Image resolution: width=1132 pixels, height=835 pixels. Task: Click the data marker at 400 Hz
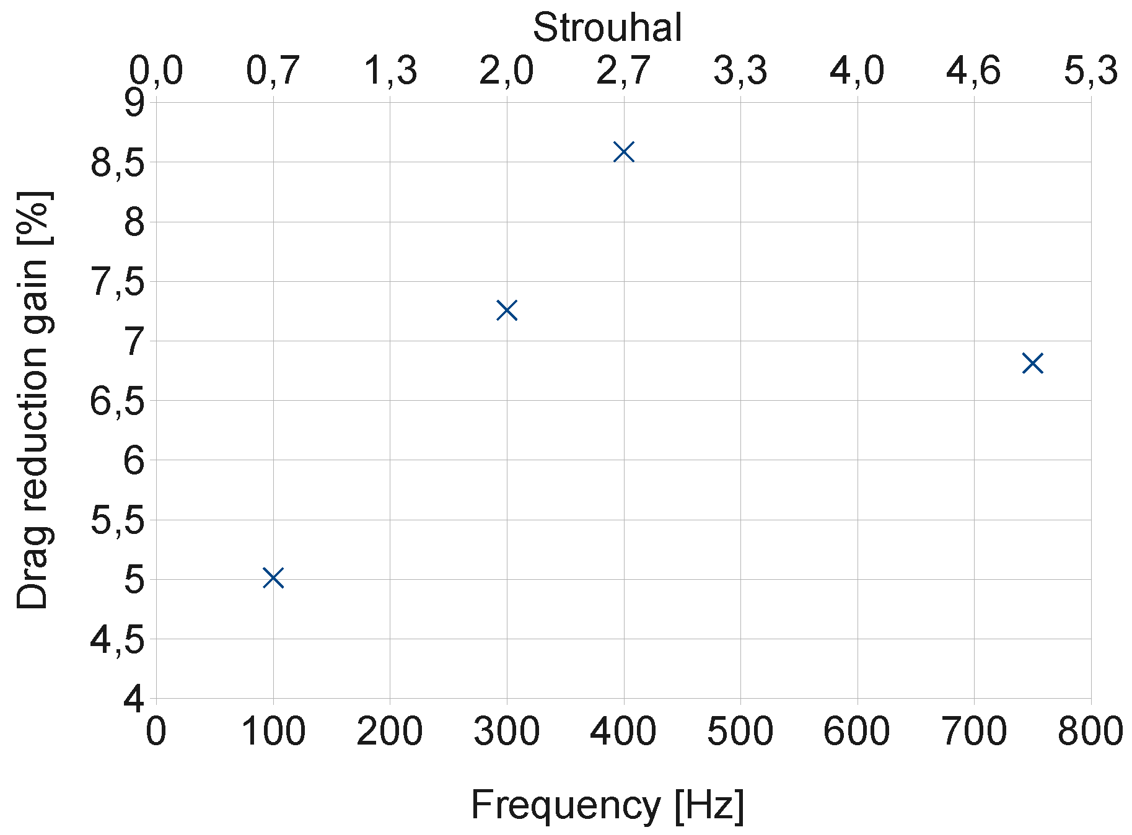(623, 152)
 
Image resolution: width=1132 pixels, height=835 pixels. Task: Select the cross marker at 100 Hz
(273, 578)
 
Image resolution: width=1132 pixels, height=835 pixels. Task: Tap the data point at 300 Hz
(507, 310)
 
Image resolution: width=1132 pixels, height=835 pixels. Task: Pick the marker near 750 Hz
(1032, 363)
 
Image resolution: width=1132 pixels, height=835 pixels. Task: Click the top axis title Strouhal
(607, 28)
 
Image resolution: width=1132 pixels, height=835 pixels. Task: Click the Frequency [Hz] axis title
(607, 805)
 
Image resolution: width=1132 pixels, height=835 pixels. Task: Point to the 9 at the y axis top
(134, 104)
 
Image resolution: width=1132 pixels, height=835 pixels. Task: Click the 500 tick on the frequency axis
(740, 732)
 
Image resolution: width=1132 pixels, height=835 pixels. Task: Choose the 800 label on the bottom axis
(1090, 732)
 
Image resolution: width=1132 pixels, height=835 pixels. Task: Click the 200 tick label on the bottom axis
(389, 732)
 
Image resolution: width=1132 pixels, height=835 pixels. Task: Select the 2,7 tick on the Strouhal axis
(623, 71)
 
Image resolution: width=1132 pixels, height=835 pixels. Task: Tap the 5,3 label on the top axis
(1090, 71)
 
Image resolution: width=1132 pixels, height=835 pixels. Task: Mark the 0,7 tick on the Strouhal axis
(273, 71)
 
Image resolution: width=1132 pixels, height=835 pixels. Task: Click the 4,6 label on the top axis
(973, 71)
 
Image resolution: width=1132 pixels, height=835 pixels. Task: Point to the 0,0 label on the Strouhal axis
(156, 71)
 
